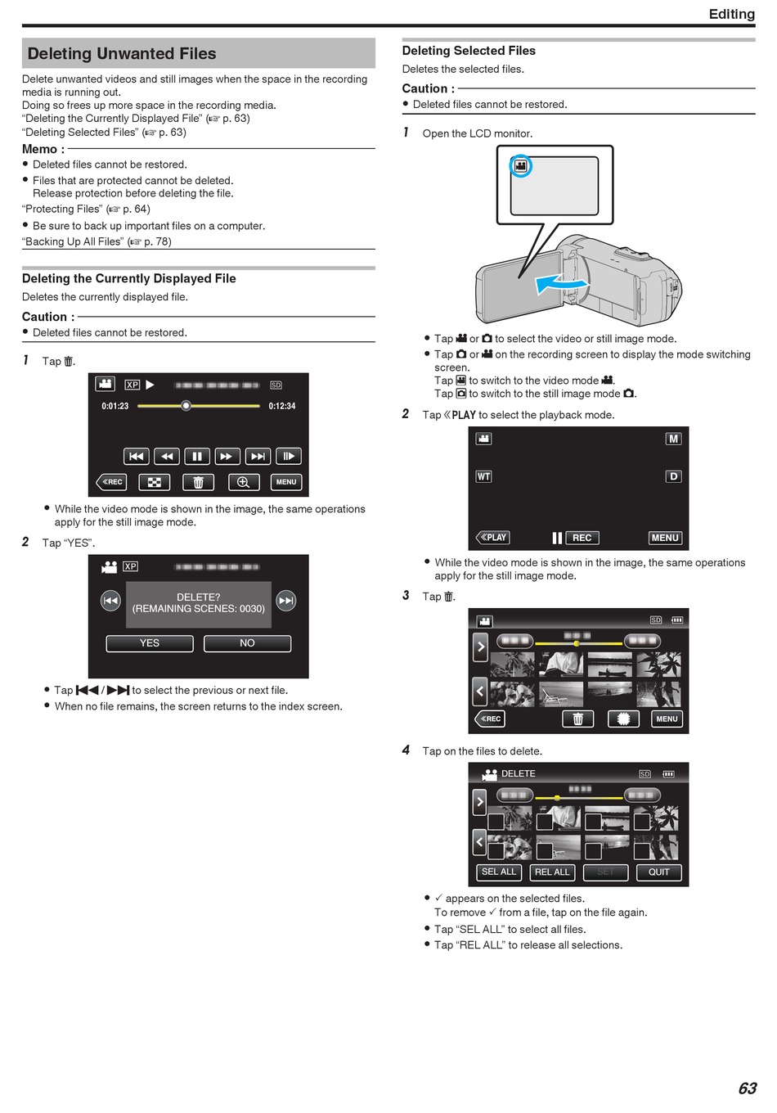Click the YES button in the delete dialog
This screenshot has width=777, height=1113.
point(150,643)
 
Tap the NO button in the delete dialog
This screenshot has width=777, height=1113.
point(247,643)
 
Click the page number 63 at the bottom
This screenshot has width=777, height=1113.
point(748,1088)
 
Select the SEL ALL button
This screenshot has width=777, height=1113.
point(498,872)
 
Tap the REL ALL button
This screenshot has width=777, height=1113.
point(552,872)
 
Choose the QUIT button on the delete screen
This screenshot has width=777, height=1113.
point(659,872)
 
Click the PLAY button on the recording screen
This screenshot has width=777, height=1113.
point(492,537)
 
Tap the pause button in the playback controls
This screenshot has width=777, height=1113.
point(197,456)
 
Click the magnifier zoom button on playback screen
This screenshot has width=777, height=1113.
point(243,482)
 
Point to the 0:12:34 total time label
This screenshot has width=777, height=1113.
point(282,406)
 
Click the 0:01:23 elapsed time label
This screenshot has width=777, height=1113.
point(115,406)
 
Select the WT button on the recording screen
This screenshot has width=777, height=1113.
point(483,476)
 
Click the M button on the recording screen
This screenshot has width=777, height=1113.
point(673,439)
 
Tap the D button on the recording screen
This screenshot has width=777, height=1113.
point(673,476)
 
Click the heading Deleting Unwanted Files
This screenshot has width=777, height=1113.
point(122,53)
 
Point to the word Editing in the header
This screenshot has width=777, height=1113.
point(732,14)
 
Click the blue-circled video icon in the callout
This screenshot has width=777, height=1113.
point(521,166)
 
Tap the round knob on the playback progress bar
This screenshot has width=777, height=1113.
point(186,406)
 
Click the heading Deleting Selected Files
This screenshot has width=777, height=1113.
point(469,51)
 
